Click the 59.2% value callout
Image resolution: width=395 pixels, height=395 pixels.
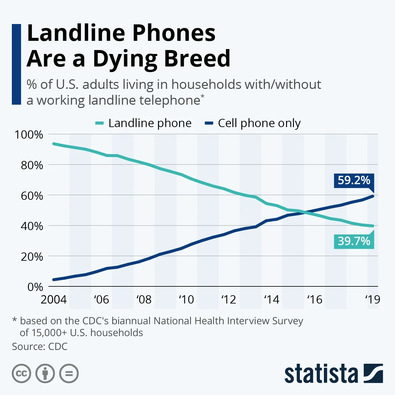click(x=354, y=181)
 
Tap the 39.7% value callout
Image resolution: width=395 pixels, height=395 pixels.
click(x=354, y=241)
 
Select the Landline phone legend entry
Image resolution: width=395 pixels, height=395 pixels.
click(x=144, y=123)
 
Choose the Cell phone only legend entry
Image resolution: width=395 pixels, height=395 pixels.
click(x=252, y=123)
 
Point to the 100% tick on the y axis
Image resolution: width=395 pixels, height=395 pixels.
click(x=29, y=135)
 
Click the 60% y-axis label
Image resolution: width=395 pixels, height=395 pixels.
click(x=32, y=196)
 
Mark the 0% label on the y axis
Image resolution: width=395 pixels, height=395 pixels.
click(x=35, y=287)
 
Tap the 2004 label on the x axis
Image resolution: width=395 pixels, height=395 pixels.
click(x=53, y=300)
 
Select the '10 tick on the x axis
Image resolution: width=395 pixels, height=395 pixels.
click(x=186, y=300)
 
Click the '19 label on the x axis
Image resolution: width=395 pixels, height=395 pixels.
click(x=373, y=300)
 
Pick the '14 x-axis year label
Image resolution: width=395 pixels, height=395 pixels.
click(x=272, y=300)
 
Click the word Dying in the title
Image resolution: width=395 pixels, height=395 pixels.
click(x=125, y=59)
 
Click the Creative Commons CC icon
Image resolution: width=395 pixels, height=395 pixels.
click(x=21, y=374)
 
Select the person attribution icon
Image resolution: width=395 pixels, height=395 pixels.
click(x=45, y=374)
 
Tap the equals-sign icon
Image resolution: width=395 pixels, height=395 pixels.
click(x=69, y=374)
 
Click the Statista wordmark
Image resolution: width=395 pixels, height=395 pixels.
click(x=321, y=374)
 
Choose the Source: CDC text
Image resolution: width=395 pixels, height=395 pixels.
click(x=39, y=346)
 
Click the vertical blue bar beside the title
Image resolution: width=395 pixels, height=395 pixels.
click(x=16, y=64)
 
